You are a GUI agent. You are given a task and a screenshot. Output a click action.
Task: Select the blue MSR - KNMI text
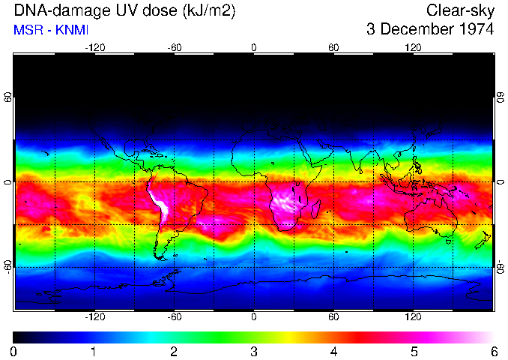pos(51,30)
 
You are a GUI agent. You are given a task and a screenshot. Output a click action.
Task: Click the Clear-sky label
pos(460,10)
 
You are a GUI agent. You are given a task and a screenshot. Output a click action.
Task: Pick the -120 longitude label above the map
pos(94,47)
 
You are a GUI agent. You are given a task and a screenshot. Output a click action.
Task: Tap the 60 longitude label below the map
pos(333,317)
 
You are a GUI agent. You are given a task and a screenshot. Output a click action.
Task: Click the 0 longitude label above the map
pos(254,47)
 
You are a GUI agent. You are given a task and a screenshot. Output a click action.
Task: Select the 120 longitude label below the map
pos(414,317)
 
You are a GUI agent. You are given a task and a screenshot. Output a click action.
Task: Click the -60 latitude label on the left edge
pos(7,267)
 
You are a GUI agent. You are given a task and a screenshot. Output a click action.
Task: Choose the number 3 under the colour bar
pos(254,351)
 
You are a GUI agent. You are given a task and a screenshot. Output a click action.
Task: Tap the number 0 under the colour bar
pos(14,351)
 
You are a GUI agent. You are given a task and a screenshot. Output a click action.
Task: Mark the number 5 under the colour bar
pos(414,351)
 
